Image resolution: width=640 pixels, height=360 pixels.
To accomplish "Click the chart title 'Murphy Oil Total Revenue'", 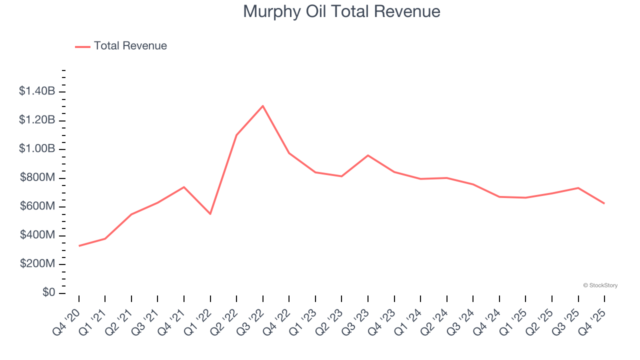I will (341, 11).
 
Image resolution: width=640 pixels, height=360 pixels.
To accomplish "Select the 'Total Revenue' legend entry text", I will (130, 46).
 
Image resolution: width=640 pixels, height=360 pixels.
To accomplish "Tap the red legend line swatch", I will (82, 46).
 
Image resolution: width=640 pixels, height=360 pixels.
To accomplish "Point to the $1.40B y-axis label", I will (37, 91).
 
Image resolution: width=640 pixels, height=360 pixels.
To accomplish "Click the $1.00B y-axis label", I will (37, 148).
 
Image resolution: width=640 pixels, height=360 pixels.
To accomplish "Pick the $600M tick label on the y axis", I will (37, 206).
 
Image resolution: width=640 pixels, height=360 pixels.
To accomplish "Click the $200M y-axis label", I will (37, 263).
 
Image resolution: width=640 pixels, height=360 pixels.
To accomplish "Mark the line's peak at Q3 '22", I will (263, 105).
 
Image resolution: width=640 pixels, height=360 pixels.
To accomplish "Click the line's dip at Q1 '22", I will (210, 214).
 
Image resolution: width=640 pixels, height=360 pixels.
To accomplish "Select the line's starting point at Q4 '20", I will (79, 245).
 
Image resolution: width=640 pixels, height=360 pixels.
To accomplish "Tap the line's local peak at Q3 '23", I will (368, 155).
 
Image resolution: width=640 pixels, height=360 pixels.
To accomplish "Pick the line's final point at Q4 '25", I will (604, 203).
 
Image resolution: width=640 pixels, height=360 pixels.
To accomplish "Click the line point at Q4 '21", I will (184, 187).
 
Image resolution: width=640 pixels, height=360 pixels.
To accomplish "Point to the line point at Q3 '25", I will (578, 188).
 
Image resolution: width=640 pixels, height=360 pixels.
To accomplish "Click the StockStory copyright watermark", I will (600, 285).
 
